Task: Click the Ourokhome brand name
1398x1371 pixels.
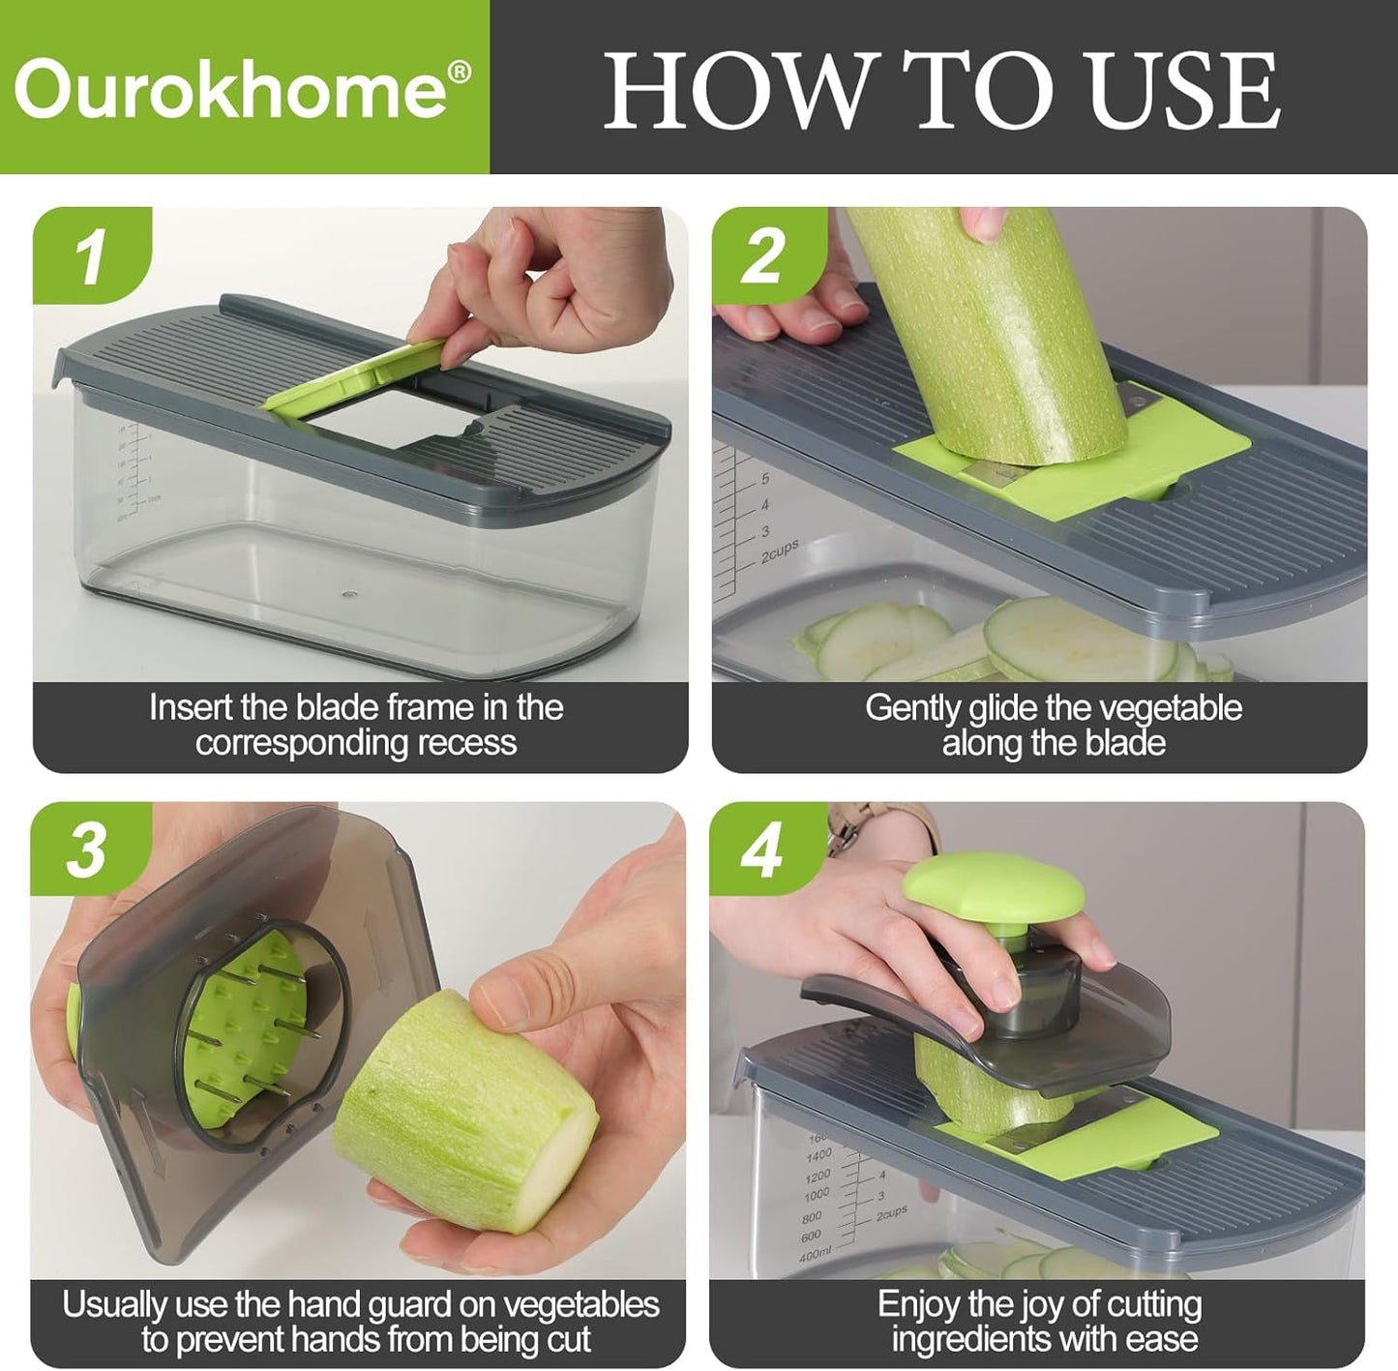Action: tap(230, 90)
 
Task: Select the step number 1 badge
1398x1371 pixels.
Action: tap(91, 255)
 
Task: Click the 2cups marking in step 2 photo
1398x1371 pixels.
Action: tap(780, 550)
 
